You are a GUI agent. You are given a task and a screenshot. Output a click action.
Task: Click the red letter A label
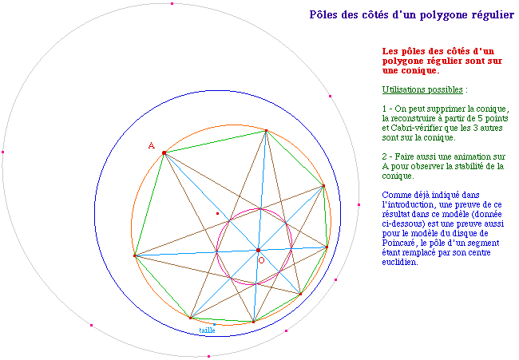click(151, 145)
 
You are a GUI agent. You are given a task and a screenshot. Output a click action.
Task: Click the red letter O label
click(261, 260)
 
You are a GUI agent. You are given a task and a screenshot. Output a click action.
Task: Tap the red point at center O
click(258, 250)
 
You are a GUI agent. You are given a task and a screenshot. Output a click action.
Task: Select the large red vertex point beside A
click(164, 153)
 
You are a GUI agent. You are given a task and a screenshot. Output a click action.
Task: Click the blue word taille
click(208, 330)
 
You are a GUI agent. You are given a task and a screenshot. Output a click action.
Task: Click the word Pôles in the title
click(323, 15)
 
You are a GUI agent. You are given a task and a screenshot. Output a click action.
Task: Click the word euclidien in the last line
click(399, 262)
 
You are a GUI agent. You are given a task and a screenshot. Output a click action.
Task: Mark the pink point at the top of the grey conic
click(172, 4)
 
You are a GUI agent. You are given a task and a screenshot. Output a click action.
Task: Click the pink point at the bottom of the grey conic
click(208, 356)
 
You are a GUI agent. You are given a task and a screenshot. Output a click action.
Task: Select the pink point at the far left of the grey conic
click(3, 152)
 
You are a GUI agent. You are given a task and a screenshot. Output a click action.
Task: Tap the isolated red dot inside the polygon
click(217, 213)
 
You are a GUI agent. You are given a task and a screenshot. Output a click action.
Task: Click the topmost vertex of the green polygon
click(266, 131)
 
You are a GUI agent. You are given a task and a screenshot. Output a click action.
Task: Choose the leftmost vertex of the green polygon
click(134, 255)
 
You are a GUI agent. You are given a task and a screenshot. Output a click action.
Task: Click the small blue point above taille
click(214, 324)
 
